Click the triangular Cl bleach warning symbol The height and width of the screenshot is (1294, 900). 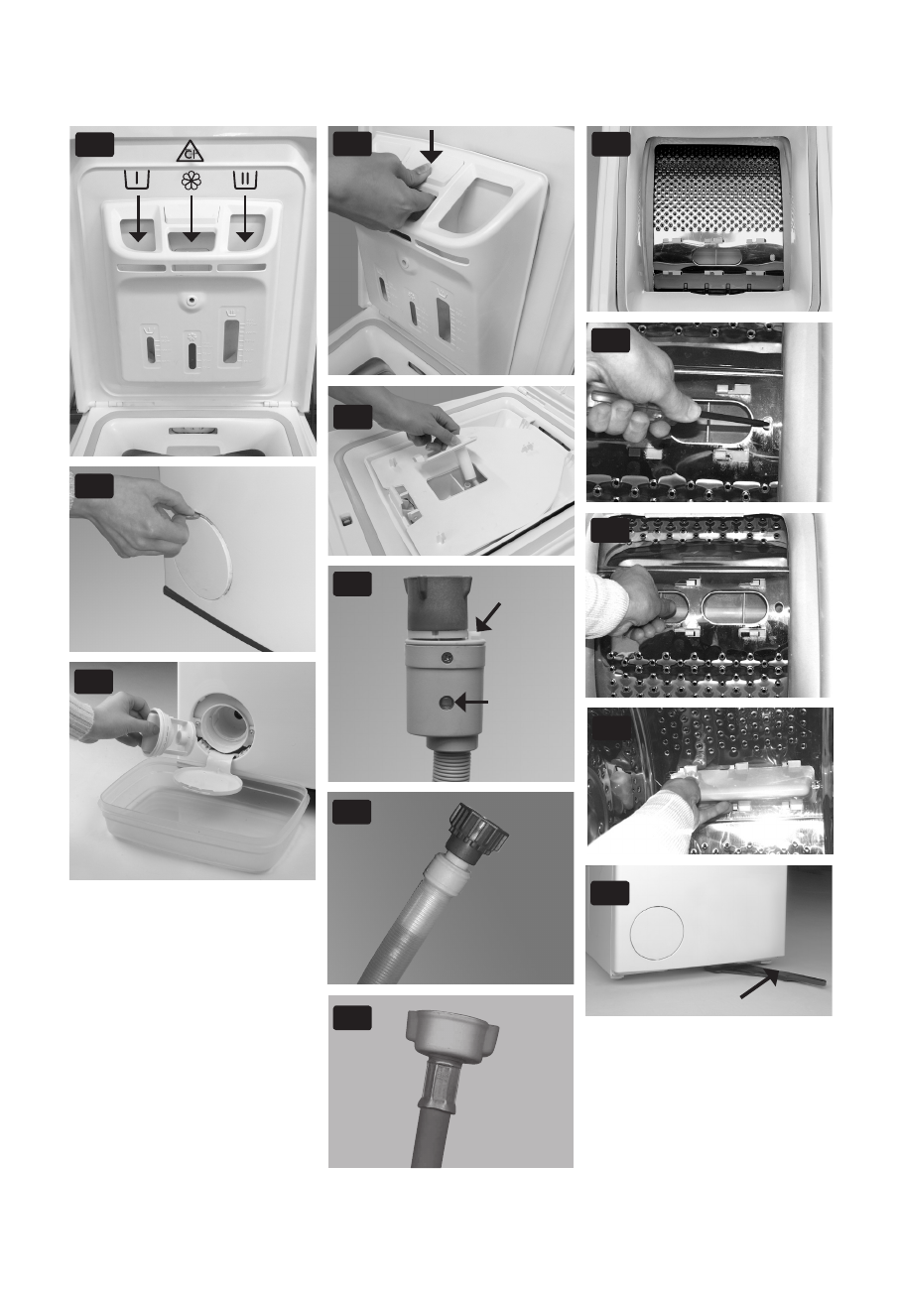click(x=191, y=152)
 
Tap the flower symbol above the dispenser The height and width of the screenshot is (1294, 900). click(x=191, y=181)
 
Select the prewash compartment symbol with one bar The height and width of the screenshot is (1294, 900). click(x=138, y=181)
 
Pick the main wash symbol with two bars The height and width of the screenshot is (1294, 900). click(x=244, y=181)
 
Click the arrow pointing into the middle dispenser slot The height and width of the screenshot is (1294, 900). click(x=191, y=223)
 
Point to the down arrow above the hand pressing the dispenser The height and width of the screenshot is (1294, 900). click(x=431, y=146)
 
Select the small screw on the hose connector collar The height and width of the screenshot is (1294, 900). click(x=450, y=658)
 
